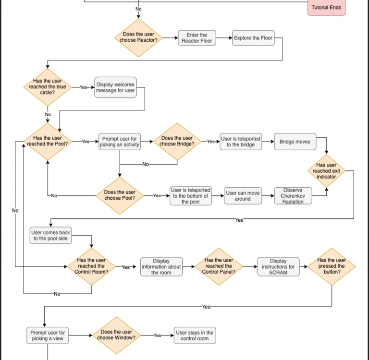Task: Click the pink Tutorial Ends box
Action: (326, 8)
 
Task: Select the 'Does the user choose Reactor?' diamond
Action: (139, 37)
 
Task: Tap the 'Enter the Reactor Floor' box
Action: (197, 38)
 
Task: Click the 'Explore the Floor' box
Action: (253, 38)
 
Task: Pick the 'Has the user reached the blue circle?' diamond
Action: (47, 87)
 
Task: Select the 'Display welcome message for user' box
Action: (115, 87)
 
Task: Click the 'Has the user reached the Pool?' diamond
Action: (47, 142)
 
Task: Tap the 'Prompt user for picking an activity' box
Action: (119, 142)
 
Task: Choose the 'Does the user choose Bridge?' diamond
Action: (177, 142)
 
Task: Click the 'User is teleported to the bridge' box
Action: (241, 142)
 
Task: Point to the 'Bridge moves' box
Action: (295, 142)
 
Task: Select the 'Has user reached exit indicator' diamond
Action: (327, 171)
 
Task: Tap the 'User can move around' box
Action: (243, 196)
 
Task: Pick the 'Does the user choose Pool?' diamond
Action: (120, 195)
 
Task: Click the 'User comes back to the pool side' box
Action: (50, 236)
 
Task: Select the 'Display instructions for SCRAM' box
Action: (278, 266)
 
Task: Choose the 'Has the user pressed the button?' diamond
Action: (332, 266)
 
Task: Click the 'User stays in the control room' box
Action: (195, 336)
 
